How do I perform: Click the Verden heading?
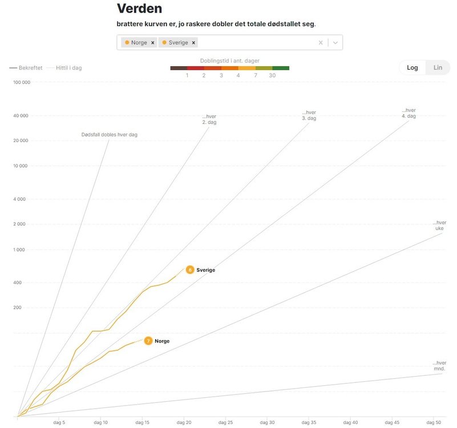coord(139,9)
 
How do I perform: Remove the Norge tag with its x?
coord(153,43)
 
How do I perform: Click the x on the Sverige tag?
coord(194,43)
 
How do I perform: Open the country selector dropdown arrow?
coord(335,43)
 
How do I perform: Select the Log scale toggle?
coord(412,67)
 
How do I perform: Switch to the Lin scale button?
coord(438,67)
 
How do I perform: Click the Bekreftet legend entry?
coord(26,68)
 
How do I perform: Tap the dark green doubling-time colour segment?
coord(281,68)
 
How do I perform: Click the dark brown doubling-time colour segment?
coord(179,68)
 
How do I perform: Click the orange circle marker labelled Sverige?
coord(190,270)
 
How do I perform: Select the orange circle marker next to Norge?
coord(148,341)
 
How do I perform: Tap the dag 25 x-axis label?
coord(226,422)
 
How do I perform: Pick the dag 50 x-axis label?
coord(434,422)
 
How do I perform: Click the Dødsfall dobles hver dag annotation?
coord(109,135)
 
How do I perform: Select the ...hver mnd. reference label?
coord(439,366)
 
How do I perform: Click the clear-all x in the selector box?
coord(321,43)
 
